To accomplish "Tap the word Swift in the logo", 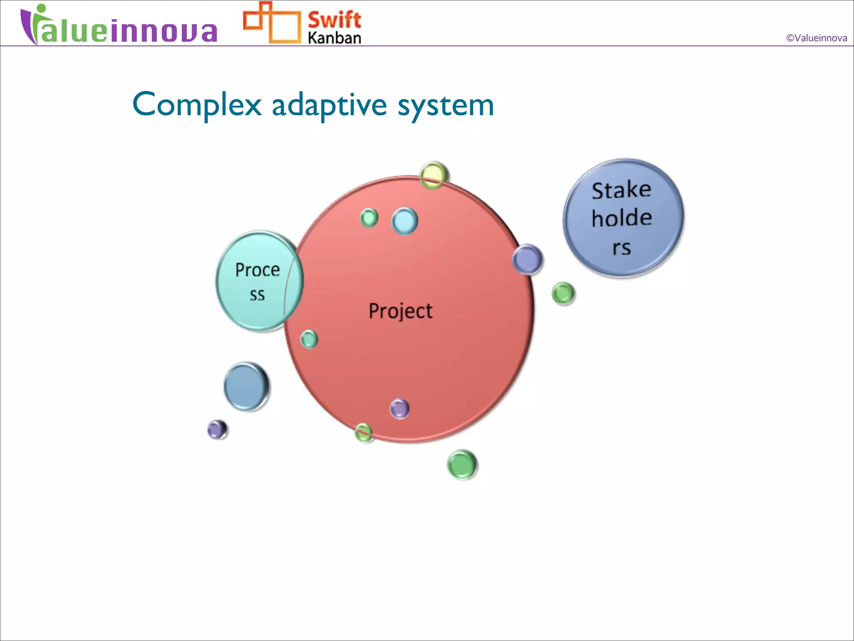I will tap(334, 20).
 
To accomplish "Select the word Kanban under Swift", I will tap(334, 38).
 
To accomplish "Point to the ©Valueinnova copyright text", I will tap(816, 38).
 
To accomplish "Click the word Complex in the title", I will tap(197, 104).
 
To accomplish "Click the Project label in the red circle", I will tap(400, 311).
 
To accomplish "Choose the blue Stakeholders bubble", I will tap(623, 217).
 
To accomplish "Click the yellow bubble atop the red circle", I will tap(434, 175).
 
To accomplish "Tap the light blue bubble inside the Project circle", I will tap(404, 221).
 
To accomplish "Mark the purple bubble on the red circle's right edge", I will tap(527, 259).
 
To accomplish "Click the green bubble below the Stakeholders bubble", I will tap(563, 293).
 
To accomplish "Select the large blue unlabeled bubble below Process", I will tap(246, 386).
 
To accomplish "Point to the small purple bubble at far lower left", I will tap(217, 429).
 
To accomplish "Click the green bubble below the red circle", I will tap(462, 464).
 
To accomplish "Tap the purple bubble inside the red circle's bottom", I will tap(399, 409).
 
